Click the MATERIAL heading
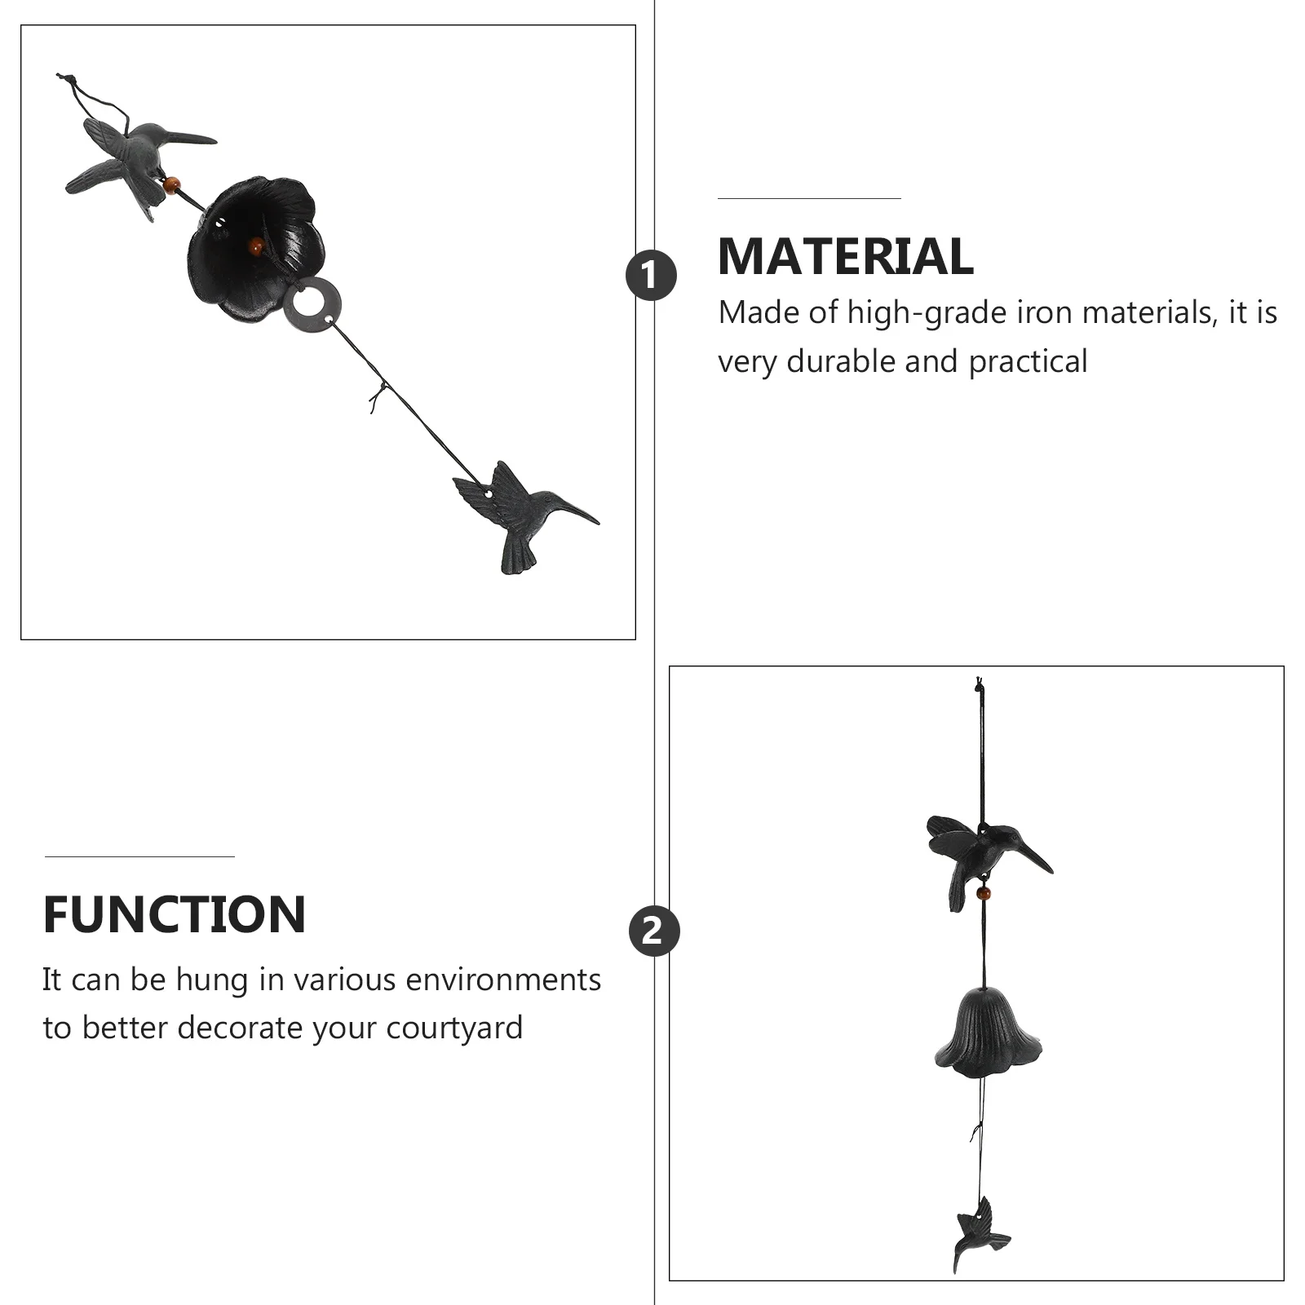click(x=845, y=257)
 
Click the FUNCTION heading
click(x=175, y=914)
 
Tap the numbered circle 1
click(x=651, y=276)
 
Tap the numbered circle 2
click(x=653, y=931)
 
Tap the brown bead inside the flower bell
click(x=256, y=244)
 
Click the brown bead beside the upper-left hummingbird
click(x=171, y=185)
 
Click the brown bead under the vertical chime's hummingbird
click(x=984, y=893)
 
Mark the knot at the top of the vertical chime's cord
click(x=980, y=685)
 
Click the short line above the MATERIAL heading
click(x=808, y=198)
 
